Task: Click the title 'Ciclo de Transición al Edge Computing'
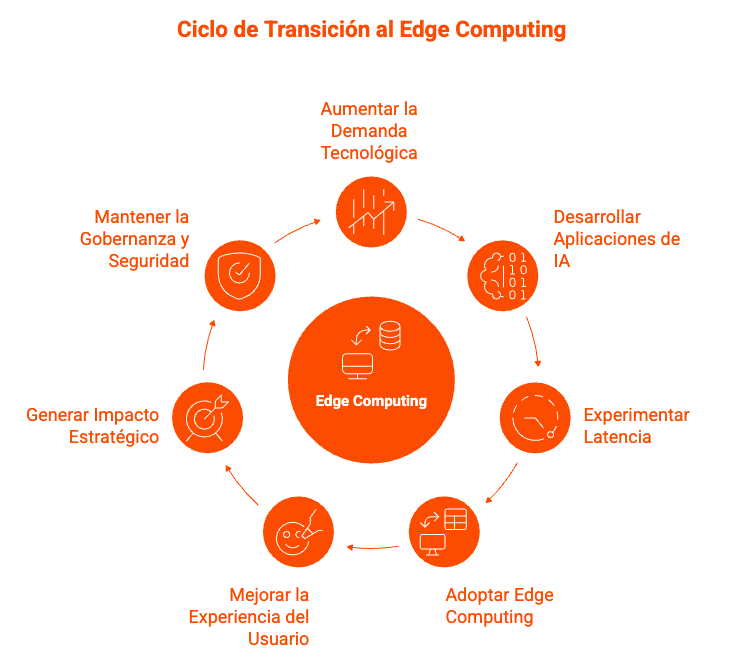coord(371,30)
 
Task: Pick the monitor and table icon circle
coord(444,531)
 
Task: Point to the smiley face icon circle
coord(298,532)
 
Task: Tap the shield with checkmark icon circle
coord(240,275)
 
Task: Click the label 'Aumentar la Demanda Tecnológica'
coord(368,130)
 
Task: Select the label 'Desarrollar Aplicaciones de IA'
coord(616,239)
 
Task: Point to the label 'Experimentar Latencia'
coord(636,426)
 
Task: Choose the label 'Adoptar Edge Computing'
coord(499,606)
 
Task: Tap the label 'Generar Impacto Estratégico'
coord(93,426)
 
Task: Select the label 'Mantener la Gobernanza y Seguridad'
coord(136,239)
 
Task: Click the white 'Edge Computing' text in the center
coord(371,401)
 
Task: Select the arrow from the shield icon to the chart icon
coord(298,230)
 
